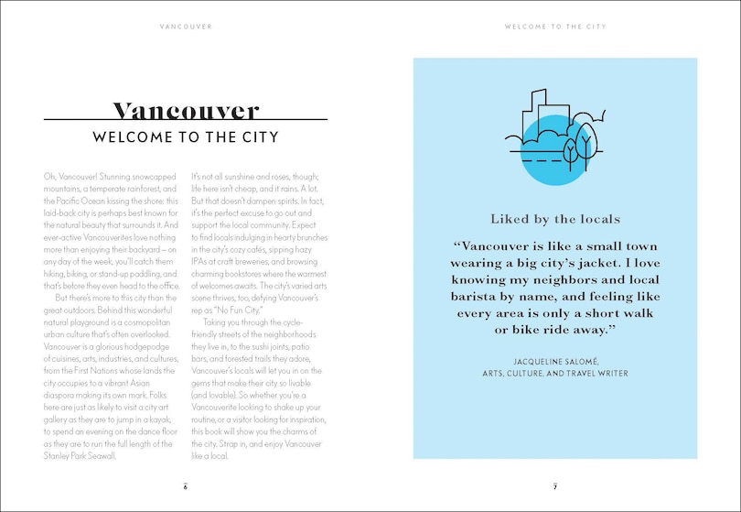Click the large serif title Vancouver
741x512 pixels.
[186, 112]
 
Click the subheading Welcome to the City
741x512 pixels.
[186, 138]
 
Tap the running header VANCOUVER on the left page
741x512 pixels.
[186, 27]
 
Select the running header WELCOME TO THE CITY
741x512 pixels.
[555, 27]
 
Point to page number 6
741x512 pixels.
[185, 485]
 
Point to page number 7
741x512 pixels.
[555, 485]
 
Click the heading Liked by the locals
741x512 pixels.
[555, 219]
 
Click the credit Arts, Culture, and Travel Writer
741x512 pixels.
[555, 374]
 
